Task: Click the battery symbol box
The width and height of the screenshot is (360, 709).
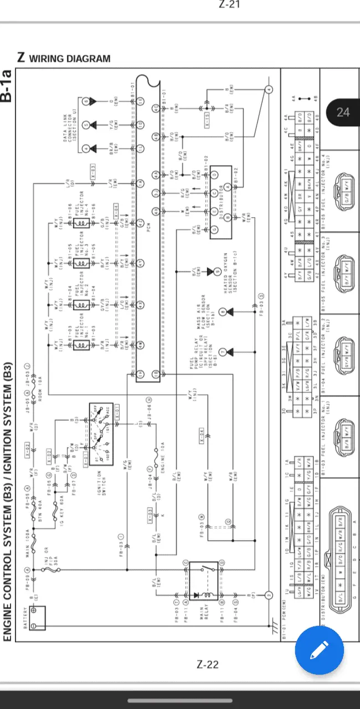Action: point(37,617)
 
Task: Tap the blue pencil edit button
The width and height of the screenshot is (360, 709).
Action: point(320,649)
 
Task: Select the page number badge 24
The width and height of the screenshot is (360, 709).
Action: point(343,112)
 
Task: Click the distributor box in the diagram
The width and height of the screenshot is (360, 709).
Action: point(220,210)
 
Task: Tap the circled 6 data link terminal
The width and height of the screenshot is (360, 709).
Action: point(86,101)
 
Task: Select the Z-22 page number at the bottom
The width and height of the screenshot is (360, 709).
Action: point(208,665)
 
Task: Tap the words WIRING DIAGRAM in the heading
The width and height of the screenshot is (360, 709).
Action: point(69,58)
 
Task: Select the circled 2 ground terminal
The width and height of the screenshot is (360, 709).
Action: point(269,595)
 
